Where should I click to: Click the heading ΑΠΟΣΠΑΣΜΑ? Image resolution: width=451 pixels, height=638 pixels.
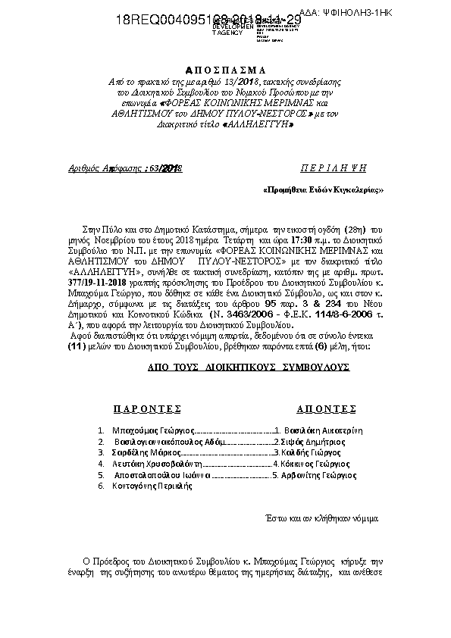[x=225, y=67]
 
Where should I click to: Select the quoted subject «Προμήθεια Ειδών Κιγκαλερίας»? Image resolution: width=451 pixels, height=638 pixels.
[x=323, y=189]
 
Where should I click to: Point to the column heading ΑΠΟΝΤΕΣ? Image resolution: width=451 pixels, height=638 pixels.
[x=326, y=408]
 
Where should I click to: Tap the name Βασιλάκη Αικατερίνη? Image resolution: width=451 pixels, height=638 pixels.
[x=318, y=429]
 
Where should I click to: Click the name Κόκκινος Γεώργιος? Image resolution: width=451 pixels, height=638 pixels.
[x=309, y=463]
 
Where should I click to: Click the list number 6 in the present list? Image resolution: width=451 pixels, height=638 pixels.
[x=100, y=486]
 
